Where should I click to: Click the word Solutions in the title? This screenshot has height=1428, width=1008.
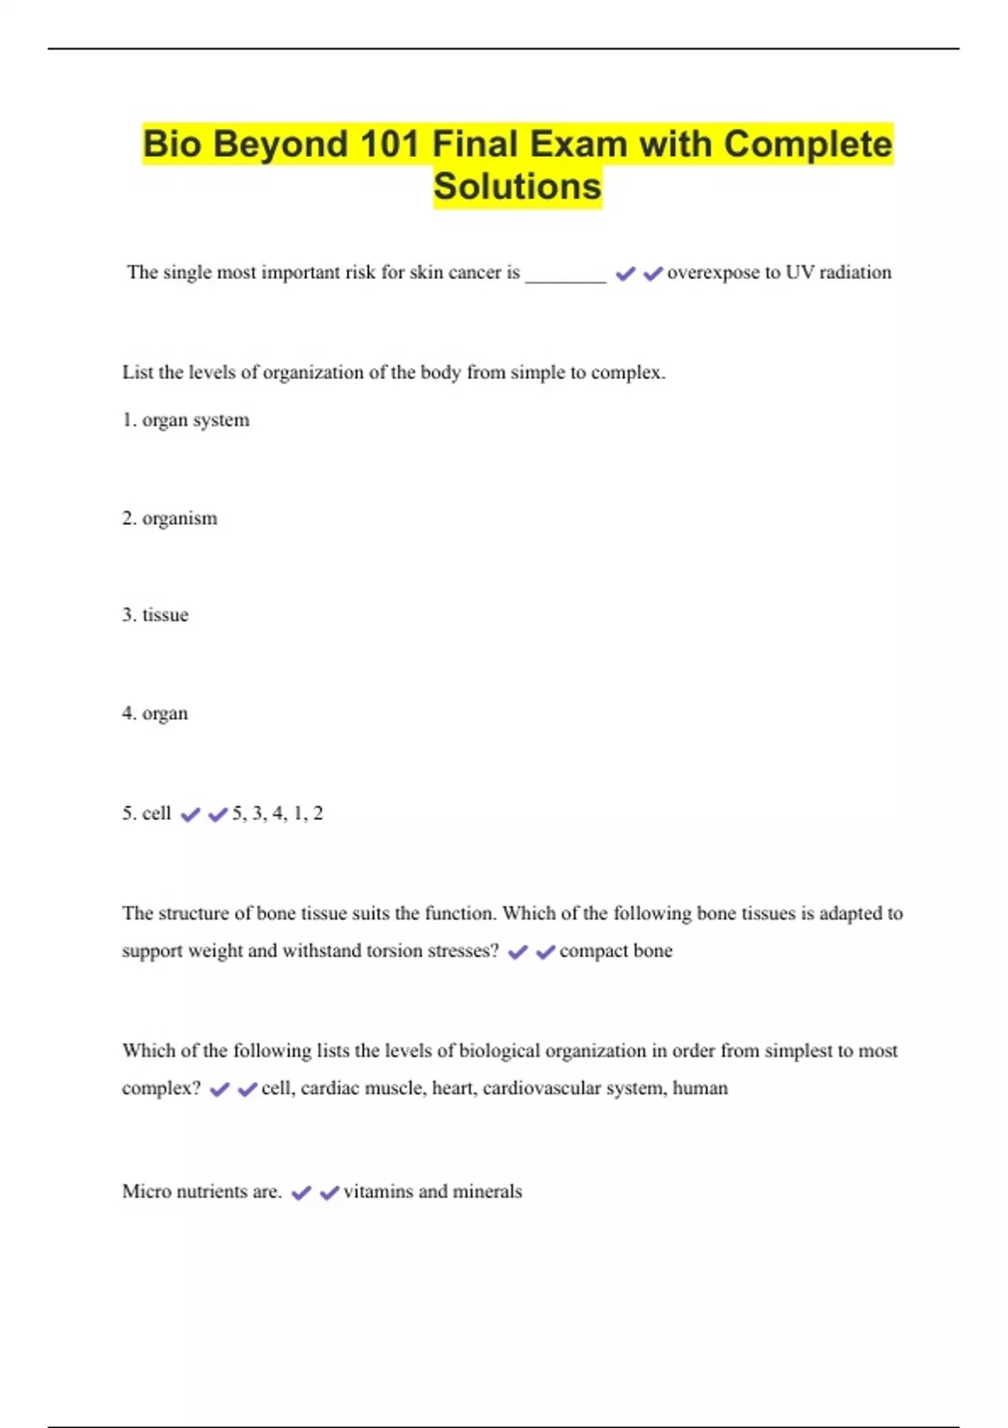(517, 186)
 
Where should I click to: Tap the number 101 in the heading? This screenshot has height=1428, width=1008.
(388, 144)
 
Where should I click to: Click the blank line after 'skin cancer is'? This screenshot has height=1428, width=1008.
(565, 277)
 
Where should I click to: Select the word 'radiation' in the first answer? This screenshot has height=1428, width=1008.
(855, 272)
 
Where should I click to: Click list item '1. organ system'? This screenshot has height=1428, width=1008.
(186, 420)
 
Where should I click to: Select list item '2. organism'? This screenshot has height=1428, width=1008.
(170, 518)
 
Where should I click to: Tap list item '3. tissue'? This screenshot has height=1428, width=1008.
(155, 615)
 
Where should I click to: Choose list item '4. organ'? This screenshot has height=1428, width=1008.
(155, 713)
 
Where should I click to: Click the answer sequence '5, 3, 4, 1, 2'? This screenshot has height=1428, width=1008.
(277, 813)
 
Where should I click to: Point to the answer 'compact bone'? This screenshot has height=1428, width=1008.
(616, 951)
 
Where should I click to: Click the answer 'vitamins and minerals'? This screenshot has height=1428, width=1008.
(433, 1191)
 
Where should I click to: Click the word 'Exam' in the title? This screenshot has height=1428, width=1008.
(578, 144)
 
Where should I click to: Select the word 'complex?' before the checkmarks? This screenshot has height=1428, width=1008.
(161, 1088)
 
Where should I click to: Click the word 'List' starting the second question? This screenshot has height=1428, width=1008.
(137, 372)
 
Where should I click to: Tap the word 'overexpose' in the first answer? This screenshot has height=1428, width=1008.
(713, 272)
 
